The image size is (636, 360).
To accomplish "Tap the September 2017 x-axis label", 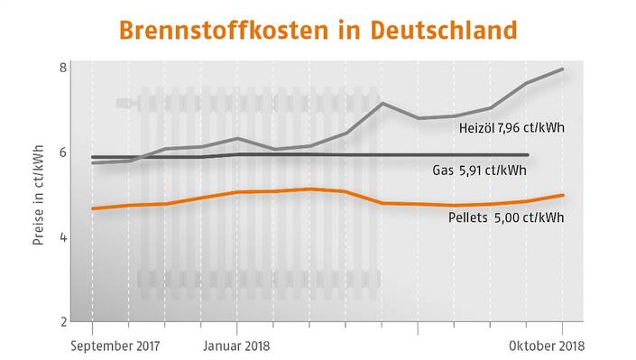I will pos(114,346).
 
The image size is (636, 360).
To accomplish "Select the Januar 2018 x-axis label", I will pos(235,346).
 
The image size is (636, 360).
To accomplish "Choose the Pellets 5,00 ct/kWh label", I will pos(506,217).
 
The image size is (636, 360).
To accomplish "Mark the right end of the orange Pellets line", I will pos(564,195).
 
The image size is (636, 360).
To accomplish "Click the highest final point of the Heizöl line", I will pos(564,69).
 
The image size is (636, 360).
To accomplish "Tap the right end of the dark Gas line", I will pos(528,155).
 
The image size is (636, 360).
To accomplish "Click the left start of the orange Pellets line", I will pos(93,208).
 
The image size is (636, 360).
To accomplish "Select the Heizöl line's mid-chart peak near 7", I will pos(383,103).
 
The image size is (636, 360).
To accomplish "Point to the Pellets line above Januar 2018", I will pos(236,192).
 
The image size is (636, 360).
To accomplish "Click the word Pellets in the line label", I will pos(467,217).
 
